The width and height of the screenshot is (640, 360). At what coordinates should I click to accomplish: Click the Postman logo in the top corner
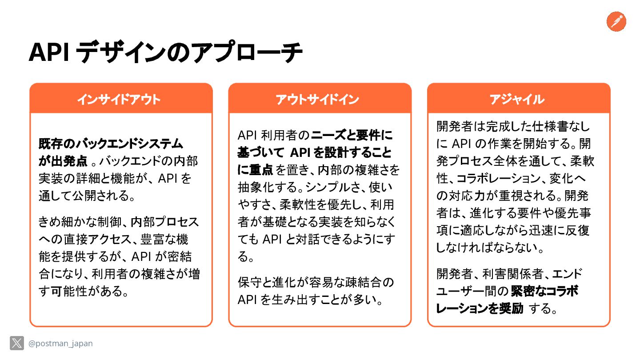pos(616,21)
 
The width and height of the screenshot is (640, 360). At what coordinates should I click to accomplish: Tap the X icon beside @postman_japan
pos(17,343)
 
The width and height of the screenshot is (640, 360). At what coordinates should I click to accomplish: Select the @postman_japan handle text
pos(60,344)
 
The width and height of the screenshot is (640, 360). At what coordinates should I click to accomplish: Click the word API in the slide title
pos(48,53)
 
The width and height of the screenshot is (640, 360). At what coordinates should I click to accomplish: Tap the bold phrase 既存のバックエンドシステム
pos(111,144)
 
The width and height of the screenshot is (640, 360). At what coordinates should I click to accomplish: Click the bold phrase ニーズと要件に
pos(352,135)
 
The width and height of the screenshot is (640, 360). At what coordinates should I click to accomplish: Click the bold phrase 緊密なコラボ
pos(544,291)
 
